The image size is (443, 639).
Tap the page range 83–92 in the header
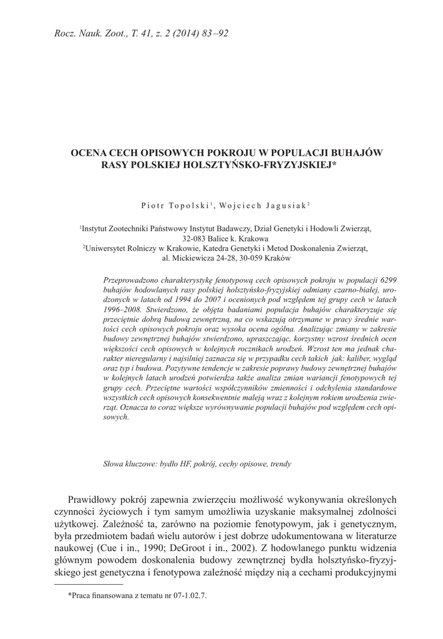212,33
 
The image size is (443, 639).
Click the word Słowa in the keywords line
114,464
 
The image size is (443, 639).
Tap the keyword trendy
279,464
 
